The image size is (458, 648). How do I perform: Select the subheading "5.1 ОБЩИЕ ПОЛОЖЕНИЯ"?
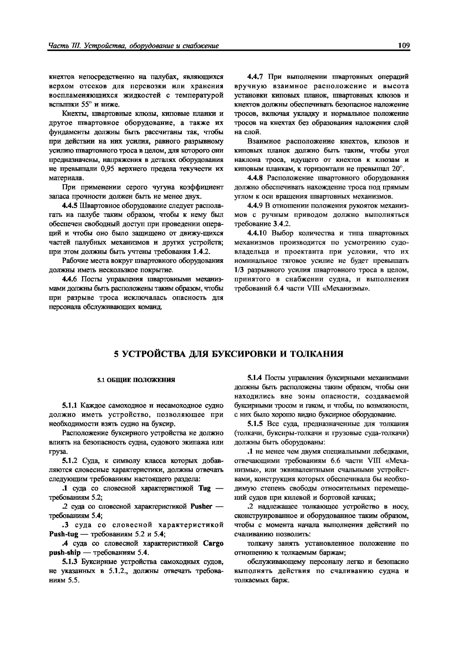[x=136, y=380]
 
